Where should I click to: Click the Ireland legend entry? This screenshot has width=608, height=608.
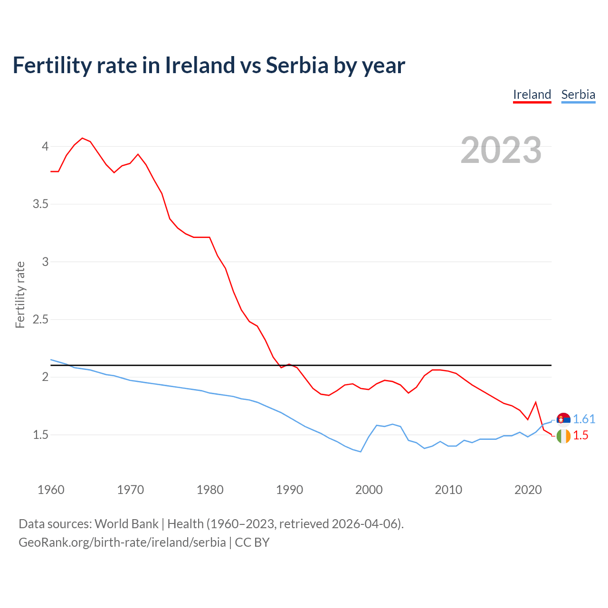tap(532, 95)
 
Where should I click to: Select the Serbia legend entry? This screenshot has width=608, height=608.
tap(578, 95)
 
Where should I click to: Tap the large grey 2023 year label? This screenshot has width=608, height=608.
tap(501, 150)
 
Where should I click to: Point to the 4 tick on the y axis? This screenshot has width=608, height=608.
tap(45, 146)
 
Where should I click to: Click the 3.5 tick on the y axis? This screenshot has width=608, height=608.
tap(40, 204)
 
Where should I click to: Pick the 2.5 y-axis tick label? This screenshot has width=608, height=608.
tap(40, 319)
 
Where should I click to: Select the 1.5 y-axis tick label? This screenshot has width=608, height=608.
tap(40, 435)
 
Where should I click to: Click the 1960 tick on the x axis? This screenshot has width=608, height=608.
tap(51, 490)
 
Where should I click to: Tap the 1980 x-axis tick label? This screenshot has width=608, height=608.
tap(210, 490)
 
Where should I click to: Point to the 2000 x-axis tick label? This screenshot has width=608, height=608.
tap(369, 490)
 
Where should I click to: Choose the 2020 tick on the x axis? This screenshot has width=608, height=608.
tap(528, 490)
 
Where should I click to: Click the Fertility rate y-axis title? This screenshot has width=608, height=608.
tap(20, 294)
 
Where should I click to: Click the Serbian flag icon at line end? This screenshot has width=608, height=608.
tap(563, 419)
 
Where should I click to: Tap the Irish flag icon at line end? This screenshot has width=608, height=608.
tap(563, 436)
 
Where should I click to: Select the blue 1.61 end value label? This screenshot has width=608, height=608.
tap(584, 419)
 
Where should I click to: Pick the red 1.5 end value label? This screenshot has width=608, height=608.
tap(580, 435)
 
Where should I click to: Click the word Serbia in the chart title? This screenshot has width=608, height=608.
tap(297, 65)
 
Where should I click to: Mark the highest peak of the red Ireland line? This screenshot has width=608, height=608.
tap(82, 138)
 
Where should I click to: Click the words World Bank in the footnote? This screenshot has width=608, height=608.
tap(126, 524)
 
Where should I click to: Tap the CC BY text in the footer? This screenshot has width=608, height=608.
tap(252, 542)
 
